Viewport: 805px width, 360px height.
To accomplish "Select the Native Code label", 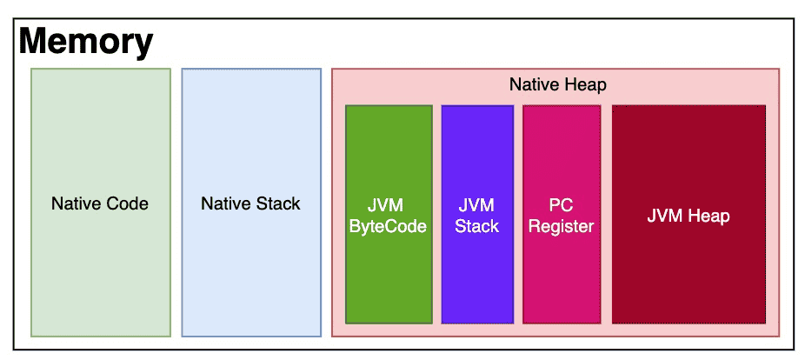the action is (100, 203).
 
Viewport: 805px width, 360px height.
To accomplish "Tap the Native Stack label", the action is (250, 203).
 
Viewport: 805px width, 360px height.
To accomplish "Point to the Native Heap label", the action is (557, 84).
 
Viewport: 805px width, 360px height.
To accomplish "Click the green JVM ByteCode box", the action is (389, 214).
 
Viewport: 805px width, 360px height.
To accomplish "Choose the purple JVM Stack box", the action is (477, 214).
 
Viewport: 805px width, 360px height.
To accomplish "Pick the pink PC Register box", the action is (562, 214).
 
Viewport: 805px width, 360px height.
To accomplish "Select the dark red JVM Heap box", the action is (689, 214).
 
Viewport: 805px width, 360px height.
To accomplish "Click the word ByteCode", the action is (388, 226).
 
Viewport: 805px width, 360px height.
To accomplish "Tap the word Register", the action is (562, 226).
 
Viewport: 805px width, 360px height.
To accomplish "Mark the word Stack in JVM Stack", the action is (477, 226).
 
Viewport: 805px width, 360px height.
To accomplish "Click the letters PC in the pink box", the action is (562, 205).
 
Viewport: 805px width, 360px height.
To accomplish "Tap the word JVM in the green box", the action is (388, 205).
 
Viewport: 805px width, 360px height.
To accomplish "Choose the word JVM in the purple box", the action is (477, 205).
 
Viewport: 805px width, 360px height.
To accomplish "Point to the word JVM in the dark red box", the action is (664, 217).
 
